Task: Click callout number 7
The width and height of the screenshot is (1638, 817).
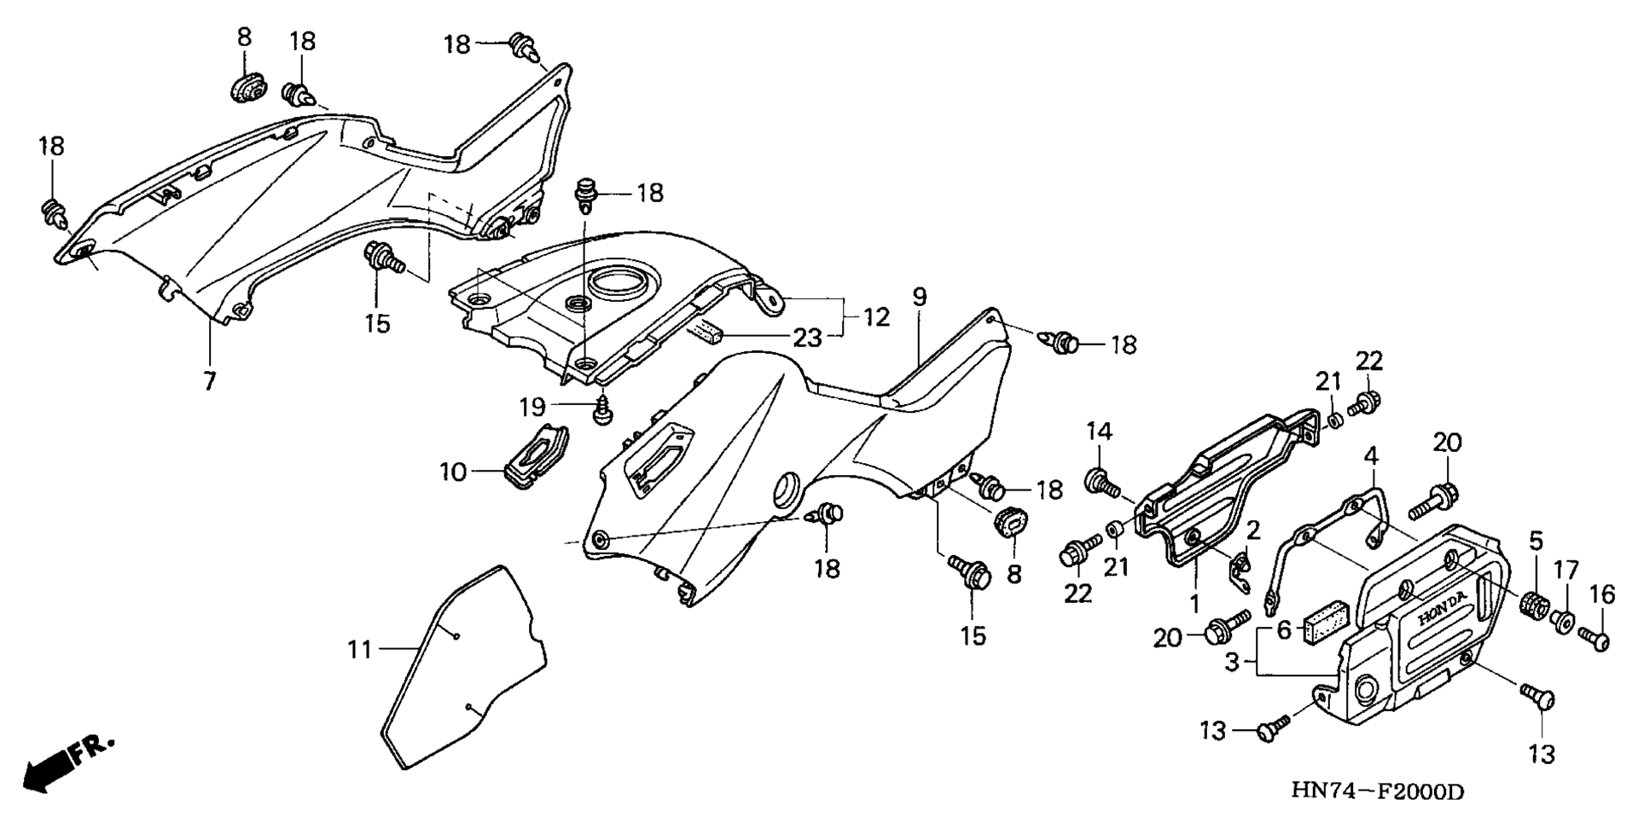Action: click(x=210, y=380)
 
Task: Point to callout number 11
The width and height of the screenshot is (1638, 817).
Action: click(x=360, y=650)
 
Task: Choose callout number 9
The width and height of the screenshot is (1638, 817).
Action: click(x=918, y=297)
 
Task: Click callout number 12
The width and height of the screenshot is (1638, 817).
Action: click(x=876, y=318)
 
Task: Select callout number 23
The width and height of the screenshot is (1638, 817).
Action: click(x=808, y=339)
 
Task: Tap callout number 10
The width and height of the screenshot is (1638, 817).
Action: click(x=453, y=471)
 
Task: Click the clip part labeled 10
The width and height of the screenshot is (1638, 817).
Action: click(x=536, y=458)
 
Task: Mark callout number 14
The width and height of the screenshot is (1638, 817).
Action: click(x=1100, y=432)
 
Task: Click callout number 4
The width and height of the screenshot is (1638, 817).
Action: click(x=1371, y=455)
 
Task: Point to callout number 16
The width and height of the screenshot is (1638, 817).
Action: click(x=1603, y=595)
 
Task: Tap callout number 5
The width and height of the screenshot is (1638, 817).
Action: click(x=1536, y=540)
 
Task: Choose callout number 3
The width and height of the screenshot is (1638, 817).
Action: click(x=1231, y=661)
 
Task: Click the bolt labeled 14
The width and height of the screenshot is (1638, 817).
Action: click(x=1101, y=483)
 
